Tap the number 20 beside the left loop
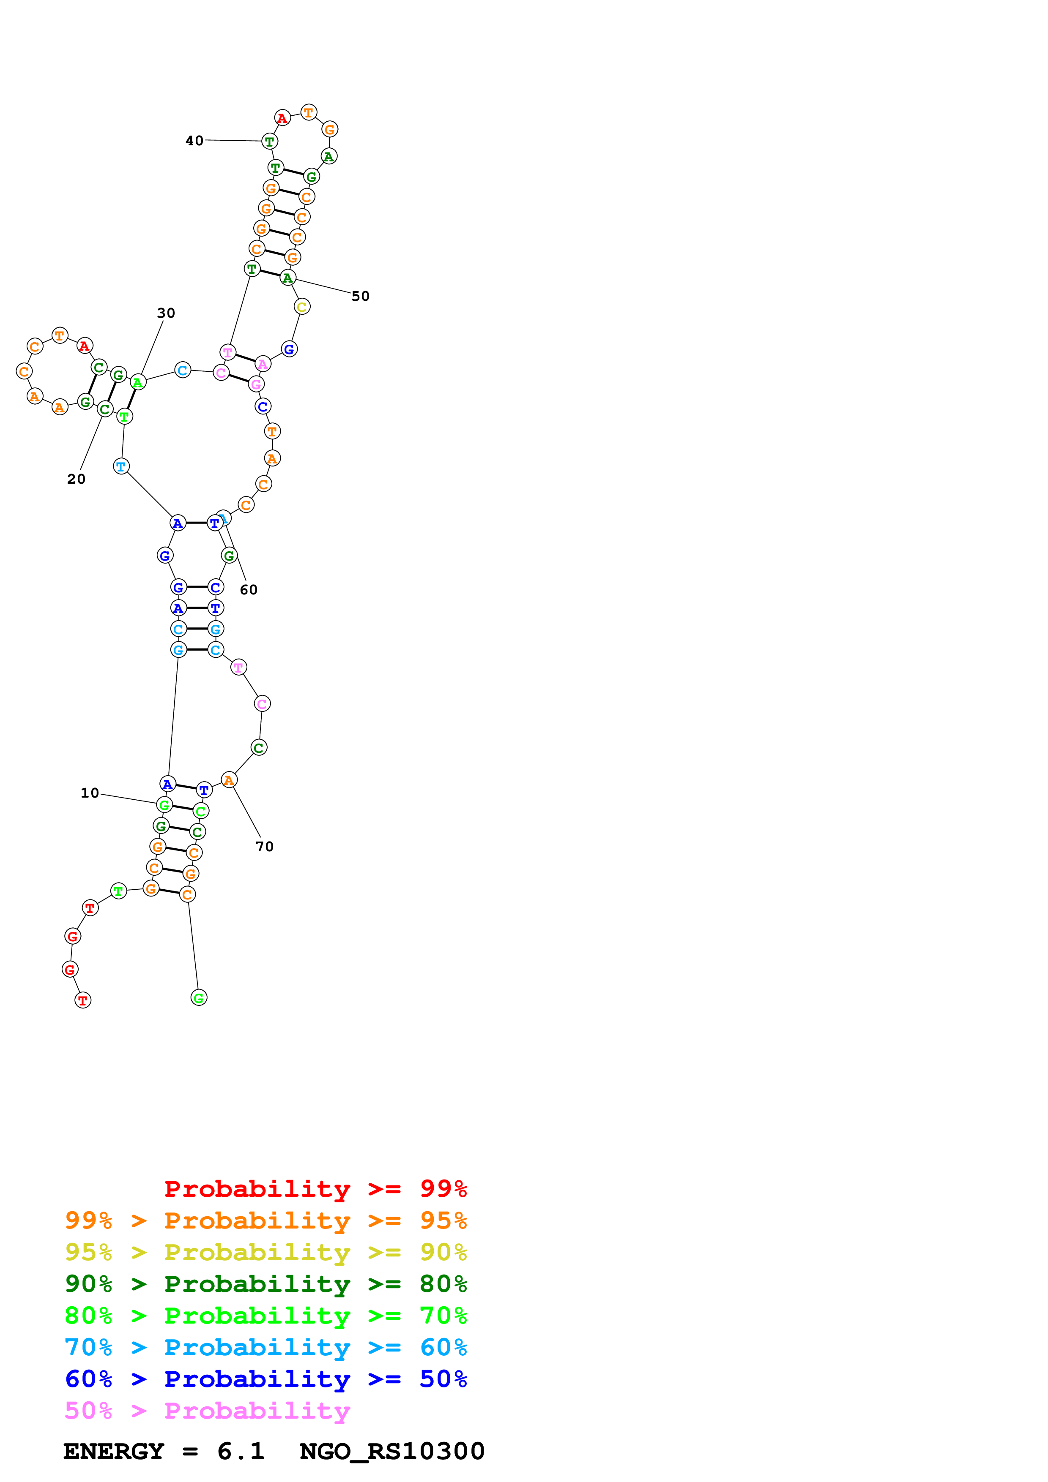[x=76, y=479]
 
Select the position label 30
[x=166, y=313]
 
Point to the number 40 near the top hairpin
[x=194, y=141]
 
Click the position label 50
[x=360, y=296]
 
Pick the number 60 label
[x=249, y=590]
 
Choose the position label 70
[x=265, y=846]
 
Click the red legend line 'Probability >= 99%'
[x=315, y=1189]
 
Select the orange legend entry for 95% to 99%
[x=265, y=1220]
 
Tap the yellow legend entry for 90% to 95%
[x=265, y=1252]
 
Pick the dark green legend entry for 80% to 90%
[x=265, y=1284]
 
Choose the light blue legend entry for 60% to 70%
[x=265, y=1347]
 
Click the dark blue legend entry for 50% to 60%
[x=265, y=1379]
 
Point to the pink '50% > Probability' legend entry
[x=207, y=1410]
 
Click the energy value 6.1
[x=241, y=1452]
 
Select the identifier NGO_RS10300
[x=392, y=1452]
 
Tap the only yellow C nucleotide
[x=301, y=307]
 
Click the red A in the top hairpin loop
[x=282, y=118]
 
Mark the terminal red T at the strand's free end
[x=83, y=1000]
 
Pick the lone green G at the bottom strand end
[x=199, y=998]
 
